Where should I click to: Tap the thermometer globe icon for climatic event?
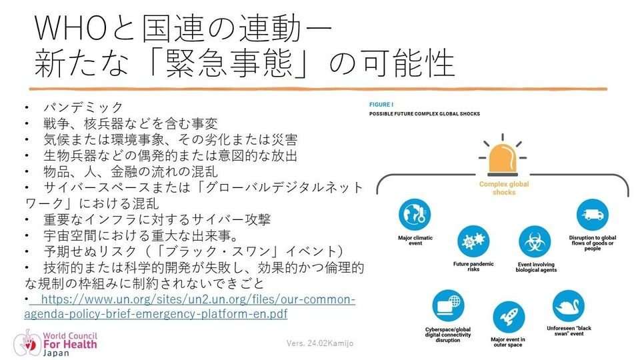(415, 215)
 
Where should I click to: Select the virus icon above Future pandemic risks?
(473, 241)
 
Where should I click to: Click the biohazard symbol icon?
(535, 241)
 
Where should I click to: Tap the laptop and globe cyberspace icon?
(448, 306)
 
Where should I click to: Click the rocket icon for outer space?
(509, 317)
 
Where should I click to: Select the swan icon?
(568, 306)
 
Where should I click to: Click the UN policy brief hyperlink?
(190, 307)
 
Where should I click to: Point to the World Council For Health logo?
(55, 343)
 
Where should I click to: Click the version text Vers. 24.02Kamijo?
(320, 343)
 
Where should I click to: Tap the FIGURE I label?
(381, 105)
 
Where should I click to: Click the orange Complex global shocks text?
(504, 188)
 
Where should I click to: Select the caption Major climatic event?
(415, 241)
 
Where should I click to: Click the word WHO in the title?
(70, 29)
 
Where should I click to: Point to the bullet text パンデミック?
(83, 107)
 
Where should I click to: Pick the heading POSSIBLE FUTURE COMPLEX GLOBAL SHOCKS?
(425, 114)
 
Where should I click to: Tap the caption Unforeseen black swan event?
(569, 331)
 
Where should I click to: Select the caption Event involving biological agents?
(536, 267)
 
